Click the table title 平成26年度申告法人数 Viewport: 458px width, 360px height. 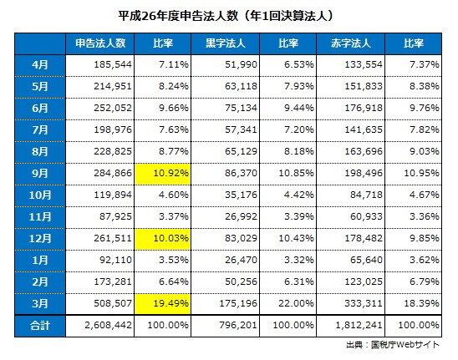[x=178, y=16]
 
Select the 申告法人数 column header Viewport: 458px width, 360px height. [x=100, y=43]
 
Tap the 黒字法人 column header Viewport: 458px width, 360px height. [x=225, y=43]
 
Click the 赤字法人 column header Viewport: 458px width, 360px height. [x=350, y=43]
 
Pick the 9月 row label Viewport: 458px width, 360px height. [x=40, y=174]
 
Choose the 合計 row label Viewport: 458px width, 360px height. [x=40, y=325]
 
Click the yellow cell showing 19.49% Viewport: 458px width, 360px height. [x=162, y=304]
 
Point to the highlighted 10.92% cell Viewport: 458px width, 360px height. [x=162, y=174]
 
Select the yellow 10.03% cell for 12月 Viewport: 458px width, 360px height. [x=162, y=239]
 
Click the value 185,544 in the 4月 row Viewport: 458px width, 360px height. [x=113, y=64]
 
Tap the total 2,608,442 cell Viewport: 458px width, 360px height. [x=108, y=325]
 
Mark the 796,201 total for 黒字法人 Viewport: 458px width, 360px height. [x=238, y=325]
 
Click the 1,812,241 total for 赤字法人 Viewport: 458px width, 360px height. [x=359, y=325]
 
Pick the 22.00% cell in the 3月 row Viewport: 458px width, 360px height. [x=296, y=303]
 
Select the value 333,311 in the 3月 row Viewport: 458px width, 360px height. [x=364, y=303]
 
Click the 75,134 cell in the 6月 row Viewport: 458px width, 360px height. [x=241, y=108]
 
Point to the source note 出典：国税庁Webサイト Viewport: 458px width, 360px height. [x=393, y=345]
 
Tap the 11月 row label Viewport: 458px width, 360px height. [x=40, y=216]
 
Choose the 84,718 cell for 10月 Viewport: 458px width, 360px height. [x=366, y=195]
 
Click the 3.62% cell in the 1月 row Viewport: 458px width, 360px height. [x=424, y=260]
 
